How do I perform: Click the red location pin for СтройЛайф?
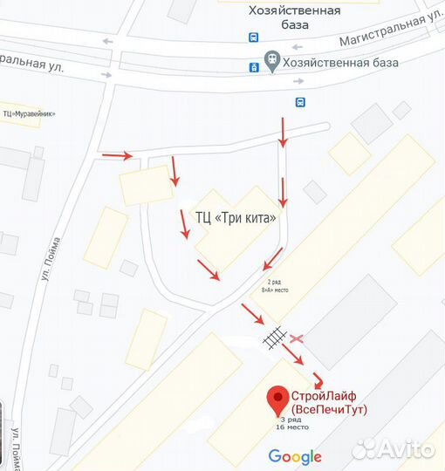[x=278, y=399]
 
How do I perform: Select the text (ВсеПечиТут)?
[x=329, y=409]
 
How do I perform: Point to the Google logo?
[x=295, y=456]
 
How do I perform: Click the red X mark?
[x=297, y=338]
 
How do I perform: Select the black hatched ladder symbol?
[x=274, y=336]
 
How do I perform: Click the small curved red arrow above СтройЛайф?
[x=319, y=380]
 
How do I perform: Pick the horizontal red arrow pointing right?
[x=117, y=156]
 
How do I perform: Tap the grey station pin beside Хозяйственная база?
[x=272, y=62]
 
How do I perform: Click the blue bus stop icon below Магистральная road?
[x=300, y=102]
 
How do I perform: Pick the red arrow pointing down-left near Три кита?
[x=272, y=257]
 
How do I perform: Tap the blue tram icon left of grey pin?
[x=254, y=65]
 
